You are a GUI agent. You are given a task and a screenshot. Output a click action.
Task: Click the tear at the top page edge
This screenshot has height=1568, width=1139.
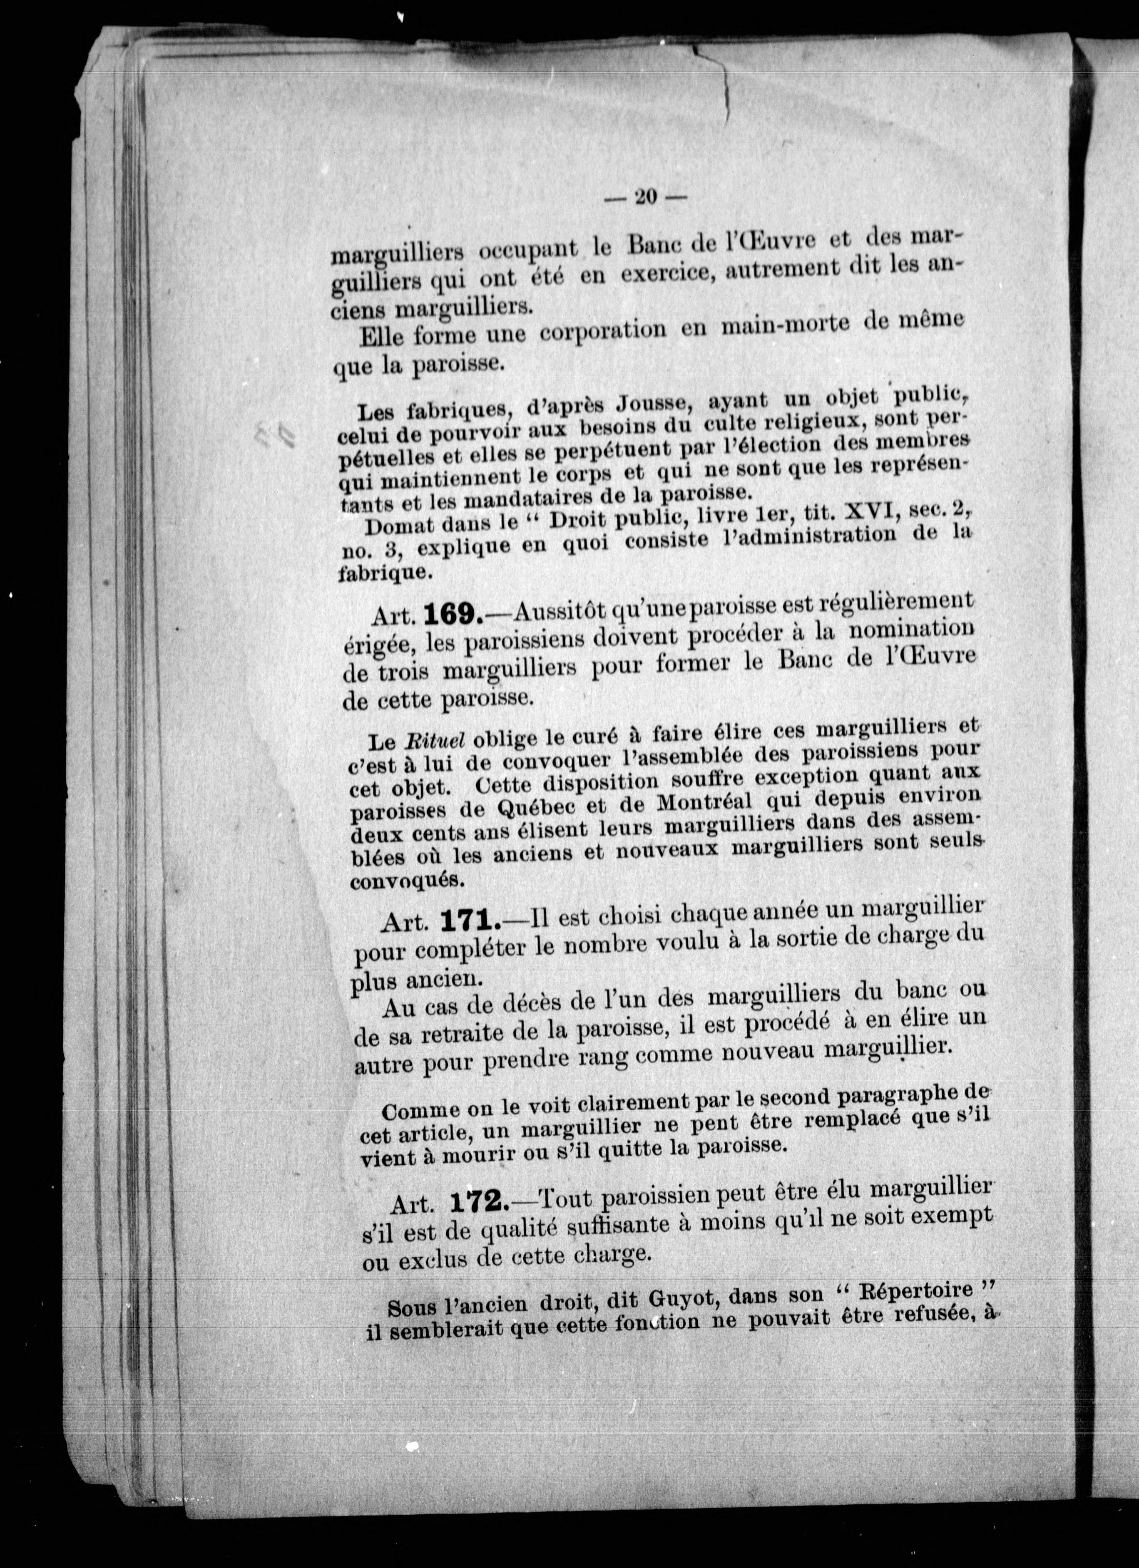pyautogui.click(x=724, y=83)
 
